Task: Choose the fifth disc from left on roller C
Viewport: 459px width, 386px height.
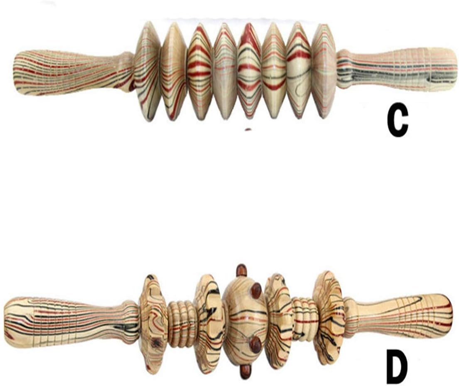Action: [x=249, y=72]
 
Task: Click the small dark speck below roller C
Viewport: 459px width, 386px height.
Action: [x=248, y=129]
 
